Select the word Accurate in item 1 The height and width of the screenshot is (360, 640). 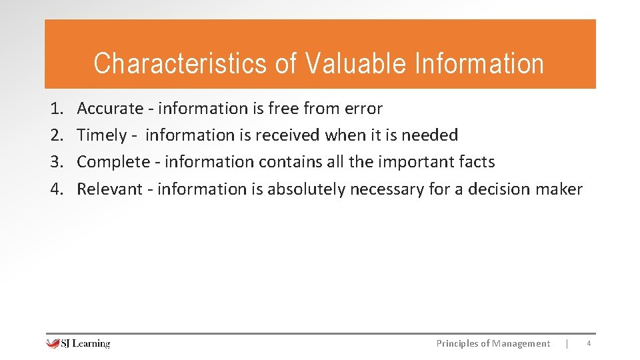tap(110, 109)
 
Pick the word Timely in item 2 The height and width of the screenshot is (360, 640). tap(101, 135)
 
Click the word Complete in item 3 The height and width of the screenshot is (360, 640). tap(113, 162)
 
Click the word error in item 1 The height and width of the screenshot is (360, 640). tap(363, 109)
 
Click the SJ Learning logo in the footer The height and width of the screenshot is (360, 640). tap(78, 343)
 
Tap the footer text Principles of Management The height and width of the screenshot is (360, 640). tap(493, 343)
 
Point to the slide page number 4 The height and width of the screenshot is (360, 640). tap(588, 343)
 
